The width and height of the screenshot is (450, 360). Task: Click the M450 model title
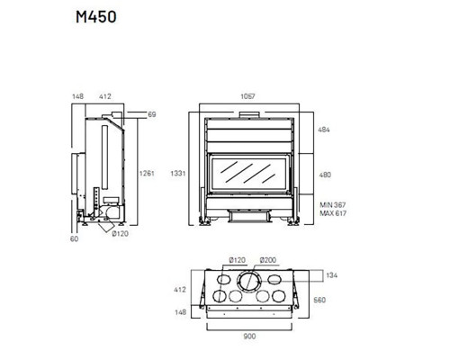point(96,17)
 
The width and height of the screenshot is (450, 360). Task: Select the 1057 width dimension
point(247,96)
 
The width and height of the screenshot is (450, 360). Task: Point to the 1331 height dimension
point(178,174)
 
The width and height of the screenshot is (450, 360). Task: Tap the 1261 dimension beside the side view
point(147,174)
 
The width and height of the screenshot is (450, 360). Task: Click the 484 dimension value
point(324,130)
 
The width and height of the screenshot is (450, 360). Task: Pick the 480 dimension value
point(325,175)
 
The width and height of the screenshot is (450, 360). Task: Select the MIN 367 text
point(333,205)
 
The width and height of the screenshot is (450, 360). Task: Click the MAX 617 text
point(333,213)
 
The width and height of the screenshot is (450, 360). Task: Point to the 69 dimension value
point(152,114)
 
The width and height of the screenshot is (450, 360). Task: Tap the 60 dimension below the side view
point(74,238)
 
